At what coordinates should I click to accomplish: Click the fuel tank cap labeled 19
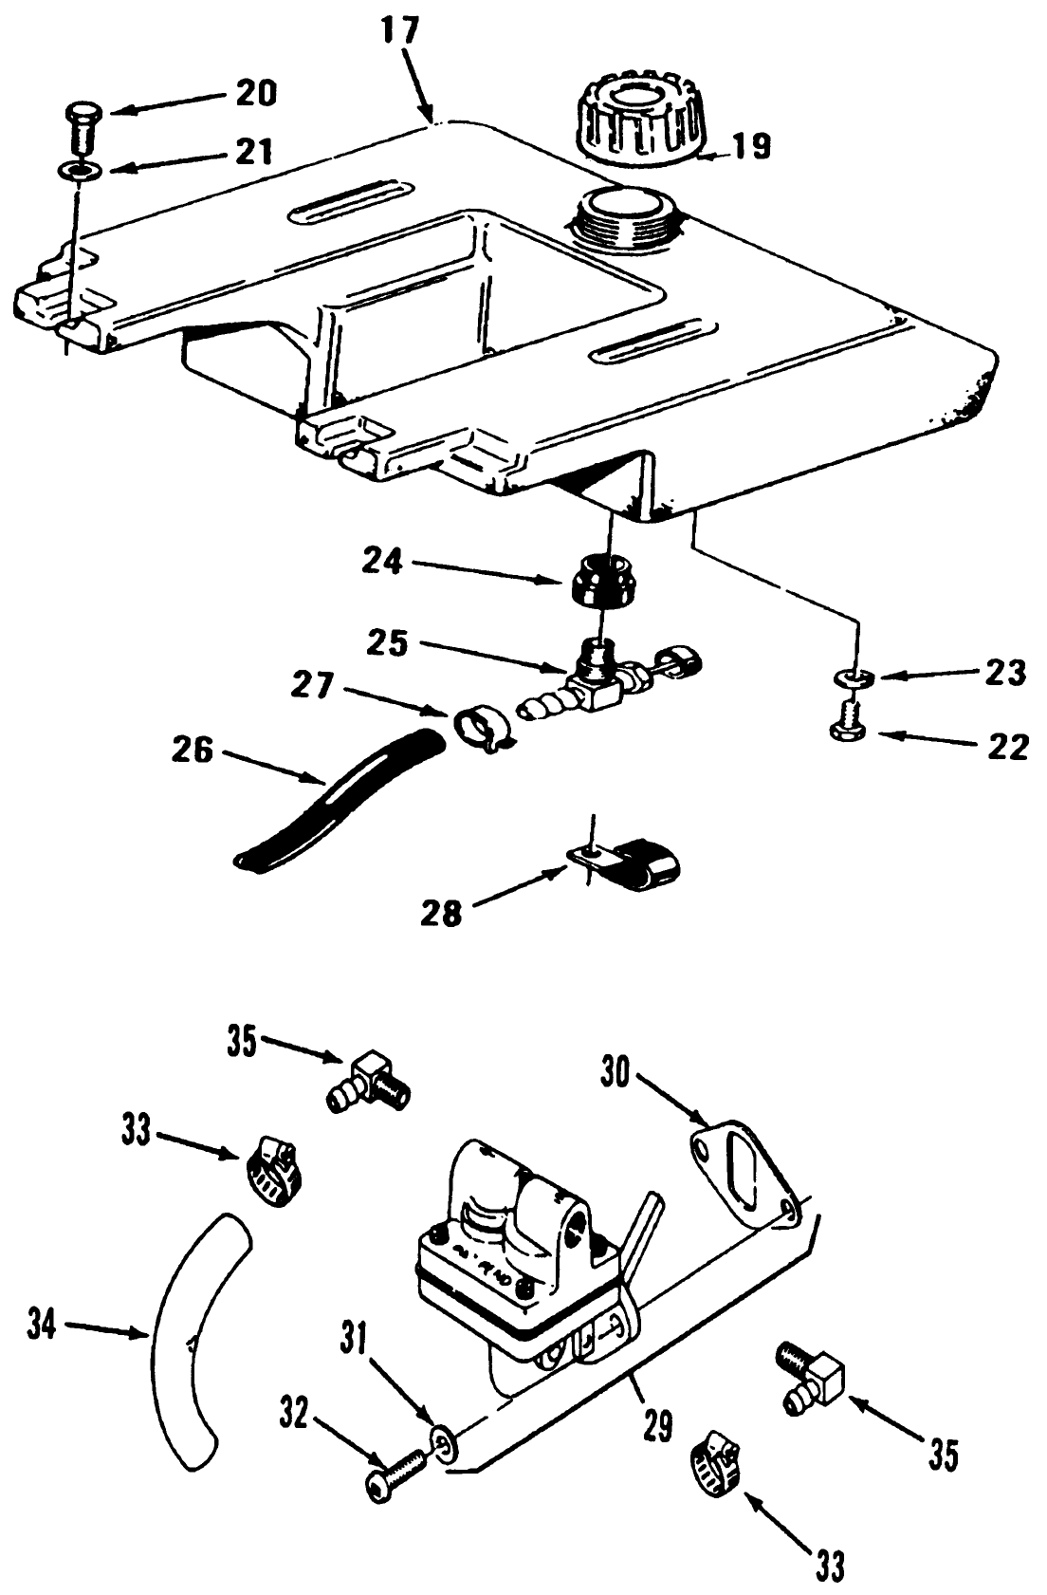[643, 121]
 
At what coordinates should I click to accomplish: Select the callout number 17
[400, 30]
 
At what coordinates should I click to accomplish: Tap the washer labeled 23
[855, 677]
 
